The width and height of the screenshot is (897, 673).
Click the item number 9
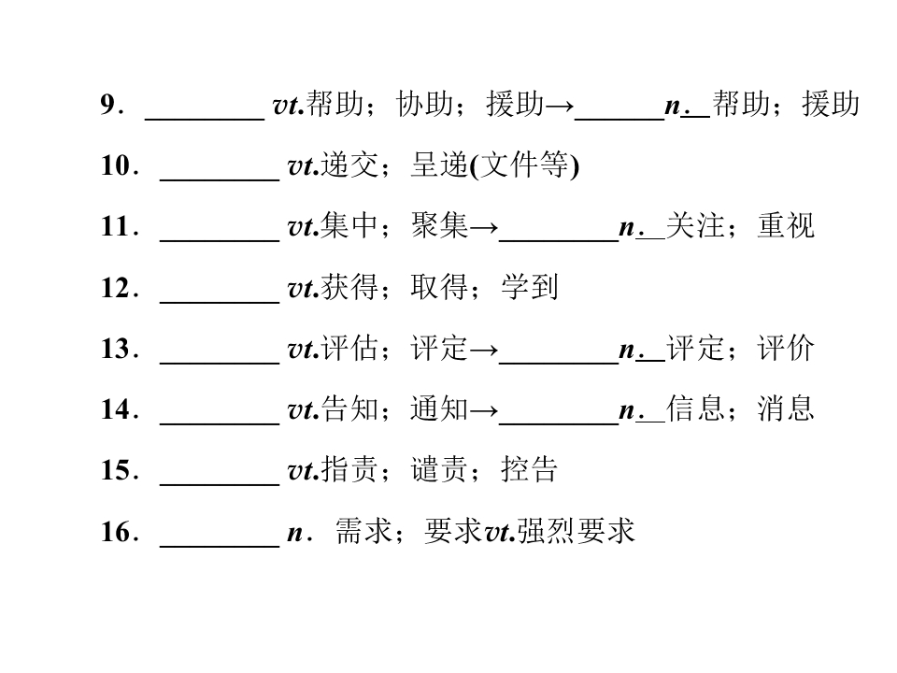107,105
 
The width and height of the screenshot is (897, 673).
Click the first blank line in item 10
220,180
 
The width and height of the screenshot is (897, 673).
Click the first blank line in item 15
220,485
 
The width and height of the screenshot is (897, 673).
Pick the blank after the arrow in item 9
619,119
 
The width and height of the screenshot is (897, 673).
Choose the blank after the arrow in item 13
559,363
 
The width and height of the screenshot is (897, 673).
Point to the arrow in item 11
484,228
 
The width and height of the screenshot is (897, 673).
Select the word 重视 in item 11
786,225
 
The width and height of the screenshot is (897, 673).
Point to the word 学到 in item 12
529,287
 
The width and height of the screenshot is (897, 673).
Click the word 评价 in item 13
786,348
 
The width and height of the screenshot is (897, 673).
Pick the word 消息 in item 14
786,408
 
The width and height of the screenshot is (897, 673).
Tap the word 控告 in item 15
529,469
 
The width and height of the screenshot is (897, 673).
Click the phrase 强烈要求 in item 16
577,531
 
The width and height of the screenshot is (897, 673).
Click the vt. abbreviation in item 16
501,533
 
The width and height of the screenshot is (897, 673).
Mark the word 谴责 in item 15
439,469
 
